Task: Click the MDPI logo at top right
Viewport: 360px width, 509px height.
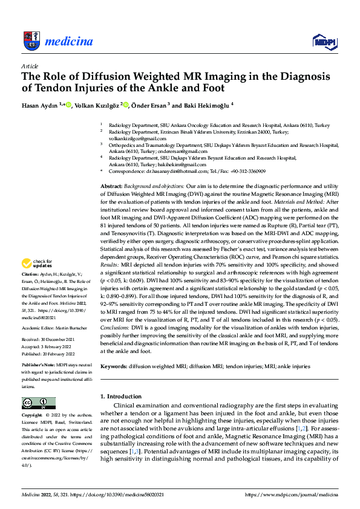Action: point(323,41)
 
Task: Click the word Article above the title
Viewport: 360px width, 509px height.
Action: point(29,65)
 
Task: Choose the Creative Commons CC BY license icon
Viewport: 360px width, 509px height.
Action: point(39,403)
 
